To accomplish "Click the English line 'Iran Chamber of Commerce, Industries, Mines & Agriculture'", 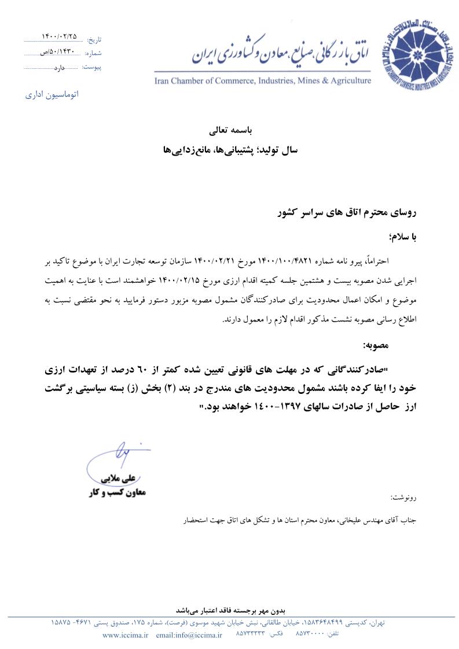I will pos(263,80).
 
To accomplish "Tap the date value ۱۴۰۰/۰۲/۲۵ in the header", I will pos(59,36).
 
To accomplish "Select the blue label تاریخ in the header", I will pos(94,40).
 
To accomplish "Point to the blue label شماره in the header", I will pos(93,53).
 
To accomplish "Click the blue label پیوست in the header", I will pos(92,67).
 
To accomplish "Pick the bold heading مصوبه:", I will pos(403,345).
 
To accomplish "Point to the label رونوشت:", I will pos(404,497).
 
